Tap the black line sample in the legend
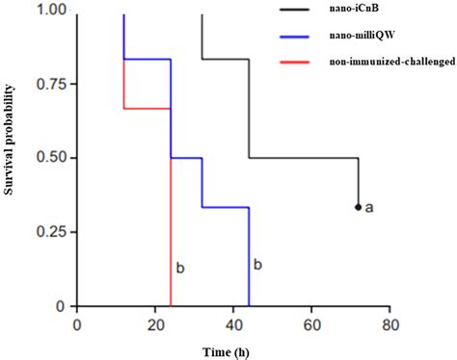[303, 10]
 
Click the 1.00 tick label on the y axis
[52, 10]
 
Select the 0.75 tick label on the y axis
[52, 84]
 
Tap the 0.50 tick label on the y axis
[52, 158]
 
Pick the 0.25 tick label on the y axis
[52, 232]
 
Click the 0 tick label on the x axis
[77, 323]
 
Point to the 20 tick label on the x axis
[155, 323]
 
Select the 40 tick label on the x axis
[233, 323]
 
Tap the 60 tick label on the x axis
[311, 323]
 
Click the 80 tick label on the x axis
[390, 323]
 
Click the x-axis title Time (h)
[233, 349]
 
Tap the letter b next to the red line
[179, 265]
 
